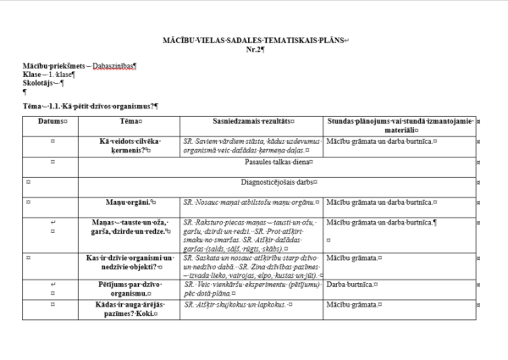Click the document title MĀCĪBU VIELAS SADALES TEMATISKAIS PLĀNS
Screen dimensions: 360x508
255,41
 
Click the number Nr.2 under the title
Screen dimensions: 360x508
255,49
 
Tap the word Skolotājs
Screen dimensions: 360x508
41,83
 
